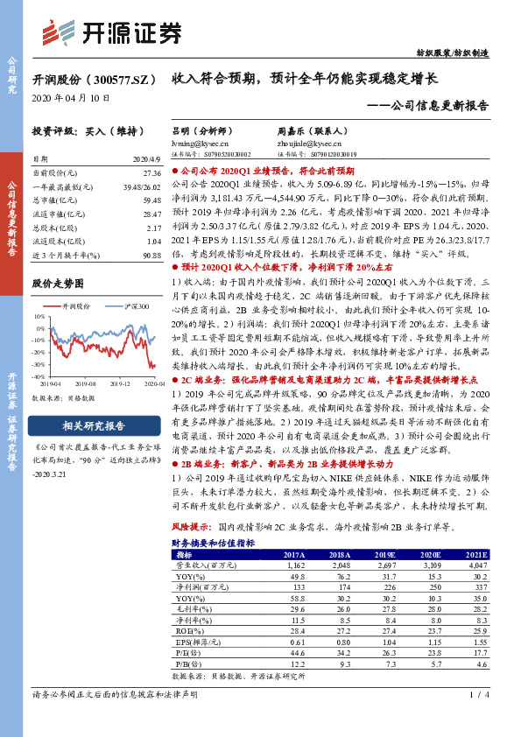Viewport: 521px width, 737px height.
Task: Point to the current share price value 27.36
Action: pyautogui.click(x=148, y=174)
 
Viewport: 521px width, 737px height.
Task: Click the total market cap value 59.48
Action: pyautogui.click(x=148, y=200)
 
